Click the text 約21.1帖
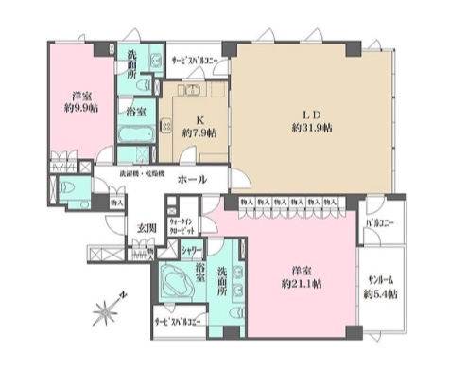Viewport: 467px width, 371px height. (301, 283)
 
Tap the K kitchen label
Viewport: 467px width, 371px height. (199, 119)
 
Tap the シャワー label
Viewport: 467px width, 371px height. (195, 251)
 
